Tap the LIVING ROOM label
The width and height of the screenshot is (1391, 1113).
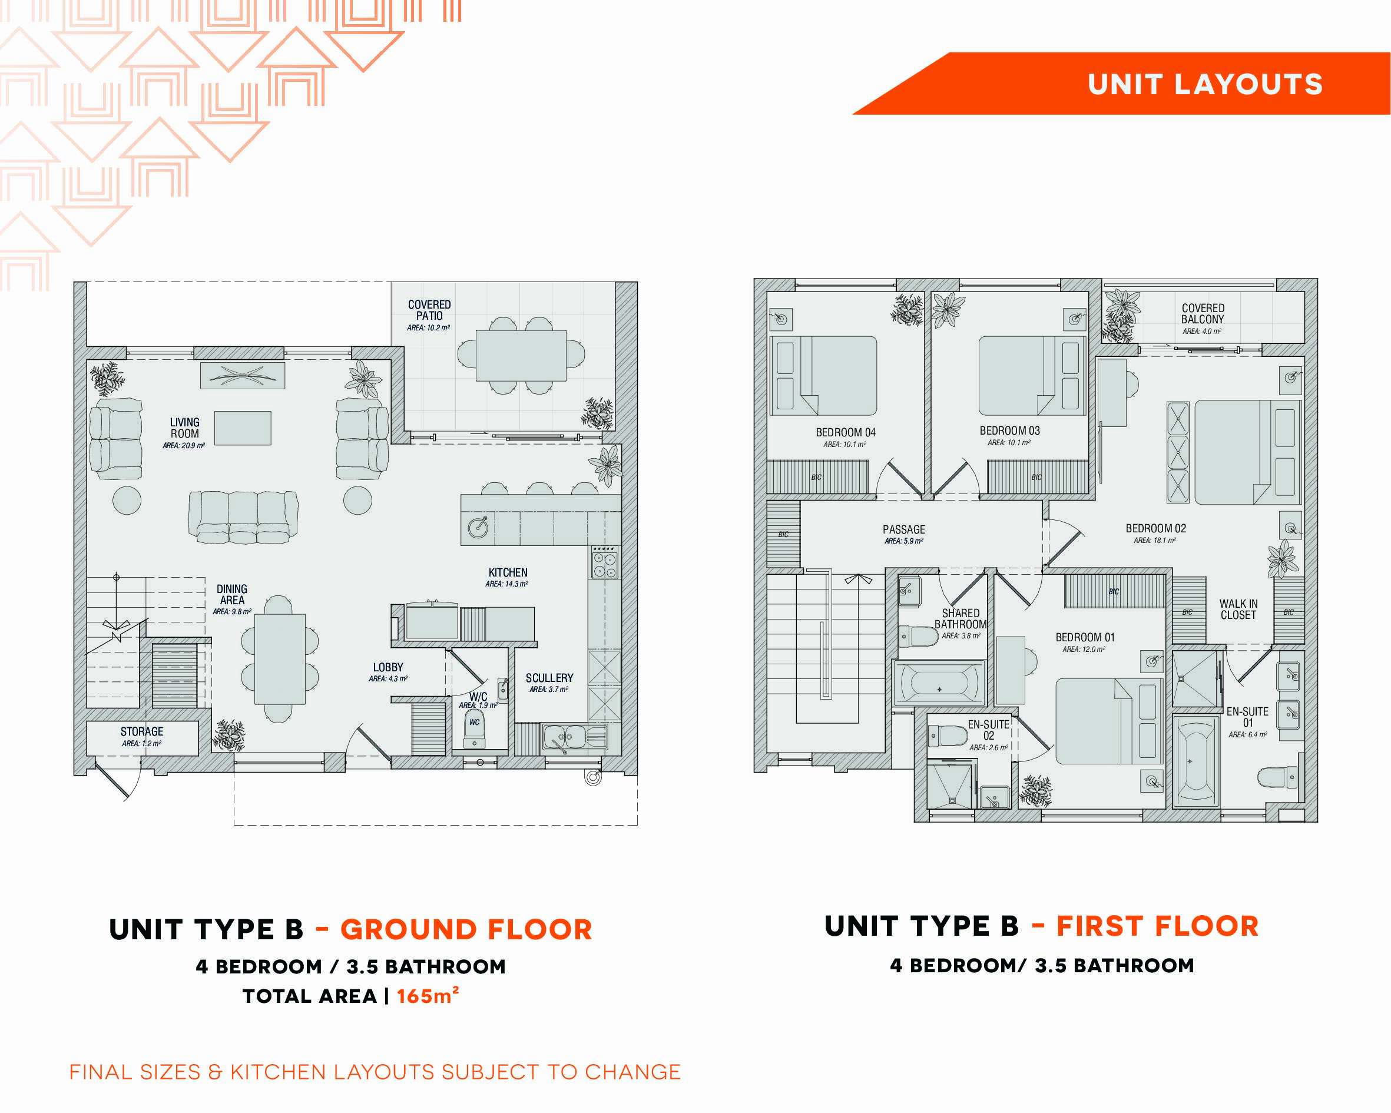click(x=184, y=428)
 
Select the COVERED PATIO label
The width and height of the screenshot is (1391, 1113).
click(x=429, y=310)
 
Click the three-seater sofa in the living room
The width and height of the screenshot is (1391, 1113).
click(x=243, y=517)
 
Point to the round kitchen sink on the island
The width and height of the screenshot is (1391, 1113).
click(x=478, y=527)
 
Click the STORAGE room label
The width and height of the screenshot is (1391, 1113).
click(x=142, y=731)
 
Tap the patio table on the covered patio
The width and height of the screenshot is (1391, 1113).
click(x=521, y=356)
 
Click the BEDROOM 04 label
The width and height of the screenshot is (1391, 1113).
click(x=846, y=432)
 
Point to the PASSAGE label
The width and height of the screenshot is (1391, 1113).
click(x=904, y=529)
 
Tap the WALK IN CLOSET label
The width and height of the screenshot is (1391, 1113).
click(x=1238, y=609)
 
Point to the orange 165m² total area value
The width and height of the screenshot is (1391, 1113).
click(x=428, y=996)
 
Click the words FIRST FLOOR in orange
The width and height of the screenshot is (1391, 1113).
click(x=1157, y=926)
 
